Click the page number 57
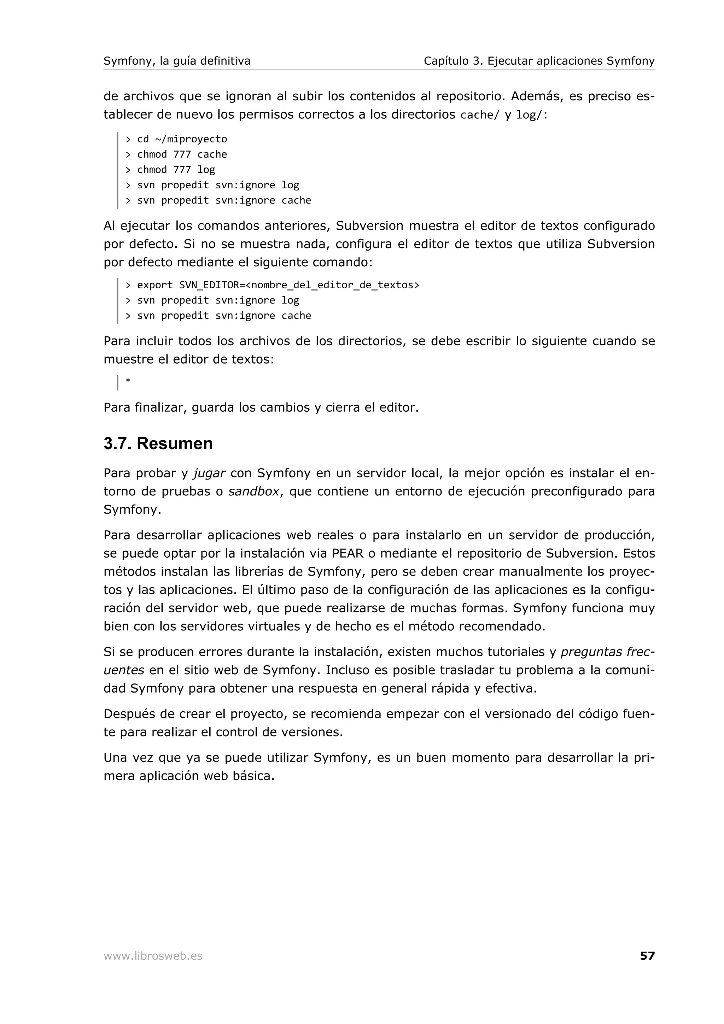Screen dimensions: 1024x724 647,956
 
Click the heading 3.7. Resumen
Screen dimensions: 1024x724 158,444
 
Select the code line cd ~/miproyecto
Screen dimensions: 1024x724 176,139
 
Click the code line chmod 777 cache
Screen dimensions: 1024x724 176,154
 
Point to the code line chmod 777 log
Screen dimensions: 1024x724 170,170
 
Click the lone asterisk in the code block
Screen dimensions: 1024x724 128,381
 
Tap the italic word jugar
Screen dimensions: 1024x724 209,473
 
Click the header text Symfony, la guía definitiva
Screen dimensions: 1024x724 177,61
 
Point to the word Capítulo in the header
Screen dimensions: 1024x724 446,61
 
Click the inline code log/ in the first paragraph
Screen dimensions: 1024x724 530,115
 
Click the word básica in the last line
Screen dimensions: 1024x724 253,776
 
